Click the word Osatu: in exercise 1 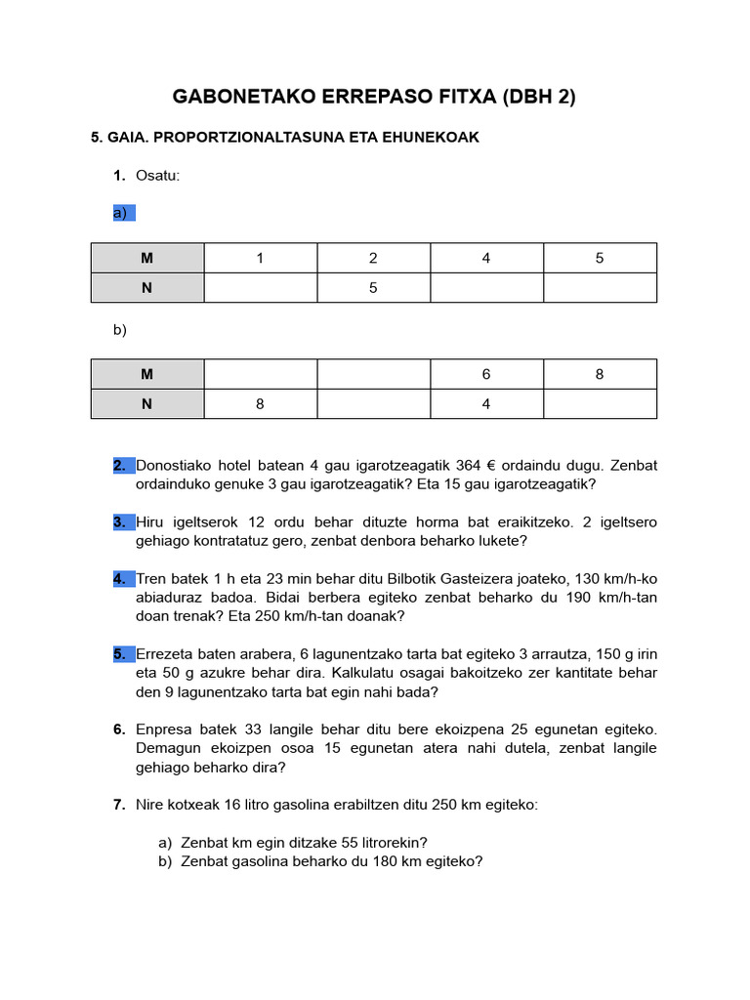(158, 176)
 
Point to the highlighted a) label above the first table (123, 213)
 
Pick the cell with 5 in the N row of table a (373, 288)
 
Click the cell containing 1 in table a (260, 258)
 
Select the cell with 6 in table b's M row (486, 374)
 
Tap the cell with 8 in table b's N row (260, 404)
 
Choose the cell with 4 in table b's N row (486, 404)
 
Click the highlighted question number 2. (120, 466)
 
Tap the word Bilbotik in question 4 (452, 579)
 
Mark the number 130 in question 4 (578, 579)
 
